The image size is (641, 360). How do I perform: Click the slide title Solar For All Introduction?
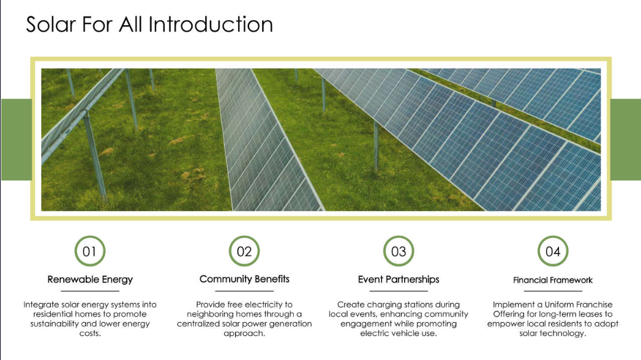pos(149,24)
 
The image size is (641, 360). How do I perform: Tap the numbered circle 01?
pos(90,252)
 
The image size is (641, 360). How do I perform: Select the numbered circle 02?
pos(244,252)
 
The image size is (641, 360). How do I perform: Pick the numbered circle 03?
pos(399,252)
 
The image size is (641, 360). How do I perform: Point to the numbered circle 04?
pos(553,252)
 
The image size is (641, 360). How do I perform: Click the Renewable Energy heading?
pos(90,279)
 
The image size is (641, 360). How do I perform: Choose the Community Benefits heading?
pos(244,279)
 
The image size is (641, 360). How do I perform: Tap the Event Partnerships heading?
pos(399,279)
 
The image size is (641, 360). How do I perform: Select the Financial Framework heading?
pos(553,280)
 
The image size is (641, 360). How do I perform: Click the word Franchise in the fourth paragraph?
pos(593,304)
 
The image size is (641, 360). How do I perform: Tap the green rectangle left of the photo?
pos(16,140)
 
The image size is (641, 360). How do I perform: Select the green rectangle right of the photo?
pos(626,140)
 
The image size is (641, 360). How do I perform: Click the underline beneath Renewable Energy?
pos(90,291)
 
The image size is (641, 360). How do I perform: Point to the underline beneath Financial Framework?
pos(553,291)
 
